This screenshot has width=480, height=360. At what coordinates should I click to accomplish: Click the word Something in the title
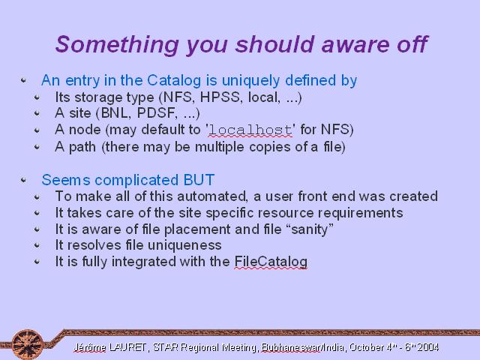(117, 45)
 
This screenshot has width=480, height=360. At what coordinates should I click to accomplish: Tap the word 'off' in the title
(412, 44)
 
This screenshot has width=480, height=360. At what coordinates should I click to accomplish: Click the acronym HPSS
(219, 97)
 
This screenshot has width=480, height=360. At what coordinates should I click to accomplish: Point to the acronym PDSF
(157, 113)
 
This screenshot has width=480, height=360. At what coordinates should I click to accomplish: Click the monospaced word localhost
(250, 130)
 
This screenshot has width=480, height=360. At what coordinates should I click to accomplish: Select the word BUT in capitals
(199, 180)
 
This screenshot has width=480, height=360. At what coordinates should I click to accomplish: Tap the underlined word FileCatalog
(271, 262)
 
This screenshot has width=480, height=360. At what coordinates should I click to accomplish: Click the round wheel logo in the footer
(28, 343)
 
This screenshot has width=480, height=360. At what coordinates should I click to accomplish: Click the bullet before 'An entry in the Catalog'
(23, 80)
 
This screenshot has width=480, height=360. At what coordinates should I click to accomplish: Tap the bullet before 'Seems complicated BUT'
(23, 180)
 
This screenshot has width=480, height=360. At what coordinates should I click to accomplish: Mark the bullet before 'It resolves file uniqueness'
(37, 245)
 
